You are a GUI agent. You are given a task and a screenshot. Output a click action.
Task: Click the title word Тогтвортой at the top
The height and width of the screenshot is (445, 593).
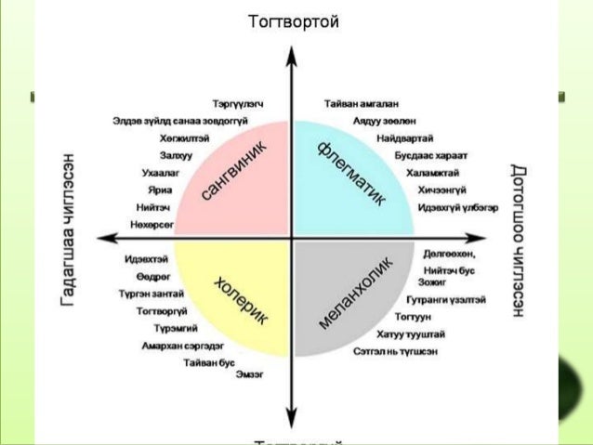pyautogui.click(x=294, y=20)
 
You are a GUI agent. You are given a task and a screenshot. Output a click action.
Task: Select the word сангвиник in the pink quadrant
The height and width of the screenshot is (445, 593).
pyautogui.click(x=234, y=172)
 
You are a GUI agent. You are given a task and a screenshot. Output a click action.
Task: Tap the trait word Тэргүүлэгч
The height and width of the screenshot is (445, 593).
pyautogui.click(x=239, y=104)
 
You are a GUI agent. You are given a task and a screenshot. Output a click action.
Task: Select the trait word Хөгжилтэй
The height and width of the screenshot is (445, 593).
pyautogui.click(x=184, y=137)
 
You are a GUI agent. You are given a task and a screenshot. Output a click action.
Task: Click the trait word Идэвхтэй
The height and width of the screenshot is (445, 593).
pyautogui.click(x=146, y=259)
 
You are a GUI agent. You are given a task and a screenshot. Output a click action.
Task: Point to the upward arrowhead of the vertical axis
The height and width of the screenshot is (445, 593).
pyautogui.click(x=292, y=53)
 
